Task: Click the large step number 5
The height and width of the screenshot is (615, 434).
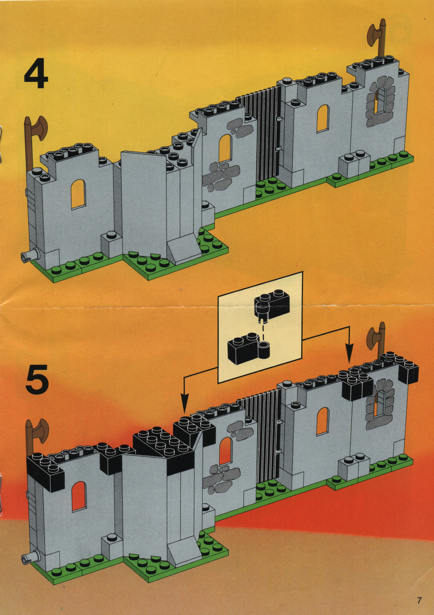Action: [x=37, y=379]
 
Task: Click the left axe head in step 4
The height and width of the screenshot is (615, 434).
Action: [x=39, y=128]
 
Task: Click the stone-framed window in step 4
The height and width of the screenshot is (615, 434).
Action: [x=380, y=102]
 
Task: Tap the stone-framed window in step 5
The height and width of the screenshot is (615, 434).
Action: [x=380, y=404]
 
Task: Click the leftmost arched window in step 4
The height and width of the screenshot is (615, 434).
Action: [x=79, y=194]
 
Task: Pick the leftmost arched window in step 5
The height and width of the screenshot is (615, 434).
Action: [x=79, y=497]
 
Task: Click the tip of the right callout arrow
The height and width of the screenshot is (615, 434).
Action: [x=349, y=363]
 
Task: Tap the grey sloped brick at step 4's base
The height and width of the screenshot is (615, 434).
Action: [x=184, y=248]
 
